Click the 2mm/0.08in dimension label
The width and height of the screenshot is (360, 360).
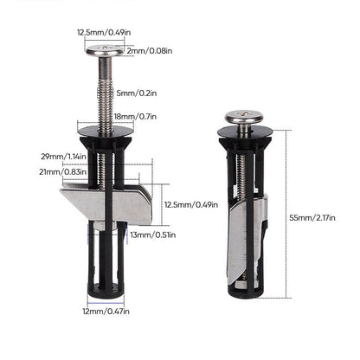pos(148,51)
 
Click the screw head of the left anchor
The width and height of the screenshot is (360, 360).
pos(109,51)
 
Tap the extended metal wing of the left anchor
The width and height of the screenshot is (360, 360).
pos(100,201)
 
